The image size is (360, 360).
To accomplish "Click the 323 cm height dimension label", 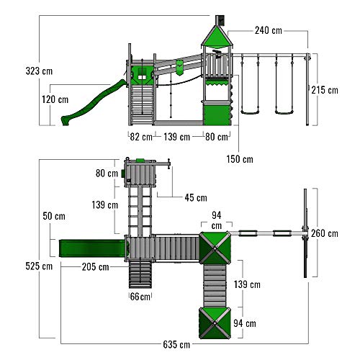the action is (39, 71).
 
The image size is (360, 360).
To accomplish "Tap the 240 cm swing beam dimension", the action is (269, 30).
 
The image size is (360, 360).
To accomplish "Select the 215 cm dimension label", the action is (325, 90).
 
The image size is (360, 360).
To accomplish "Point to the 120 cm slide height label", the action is (55, 99).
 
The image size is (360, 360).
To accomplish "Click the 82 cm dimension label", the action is (141, 137).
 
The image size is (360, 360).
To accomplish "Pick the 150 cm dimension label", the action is (240, 159).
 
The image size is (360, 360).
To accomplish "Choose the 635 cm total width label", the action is (176, 345).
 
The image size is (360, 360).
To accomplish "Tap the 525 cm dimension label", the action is (39, 266).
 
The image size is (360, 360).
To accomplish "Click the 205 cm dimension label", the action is (95, 267).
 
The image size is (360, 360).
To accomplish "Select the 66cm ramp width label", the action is (140, 297).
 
